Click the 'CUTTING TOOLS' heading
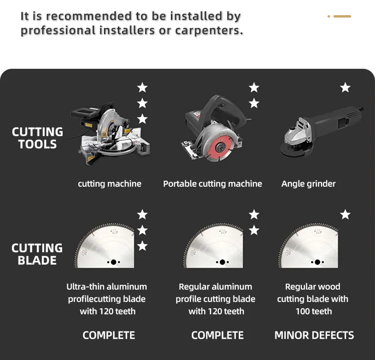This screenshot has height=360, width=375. pos(37,138)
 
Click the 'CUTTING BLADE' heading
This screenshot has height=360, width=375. pos(37,254)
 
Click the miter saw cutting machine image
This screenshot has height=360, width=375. pos(110,134)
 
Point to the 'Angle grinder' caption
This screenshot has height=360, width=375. pos(309,184)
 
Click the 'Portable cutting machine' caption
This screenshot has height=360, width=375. pos(213,184)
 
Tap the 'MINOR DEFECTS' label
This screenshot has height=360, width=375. pos(314,335)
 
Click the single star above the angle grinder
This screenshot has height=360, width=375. pos(346,87)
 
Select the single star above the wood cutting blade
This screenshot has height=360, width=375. pos(346,214)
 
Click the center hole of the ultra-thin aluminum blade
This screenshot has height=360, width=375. pos(113,262)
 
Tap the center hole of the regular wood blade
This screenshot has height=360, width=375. pos(318,262)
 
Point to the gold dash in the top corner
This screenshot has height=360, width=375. pos(342,16)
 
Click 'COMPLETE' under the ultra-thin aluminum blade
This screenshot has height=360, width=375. pos(109,335)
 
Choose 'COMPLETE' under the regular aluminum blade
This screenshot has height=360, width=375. pos(217,335)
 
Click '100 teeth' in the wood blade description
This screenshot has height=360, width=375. pos(314,311)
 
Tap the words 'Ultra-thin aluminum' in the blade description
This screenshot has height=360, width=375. pos(107,286)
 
